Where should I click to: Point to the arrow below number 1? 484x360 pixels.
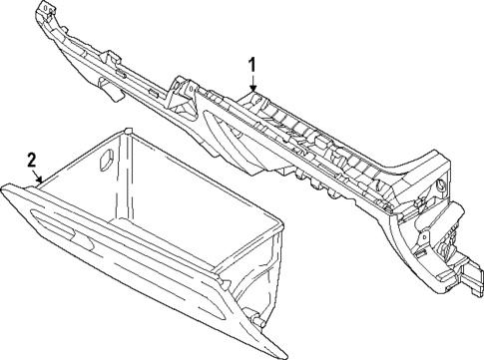pos(253,88)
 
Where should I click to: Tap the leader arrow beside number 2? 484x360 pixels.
pos(40,180)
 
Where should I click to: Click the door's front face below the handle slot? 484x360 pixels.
pos(120,284)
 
